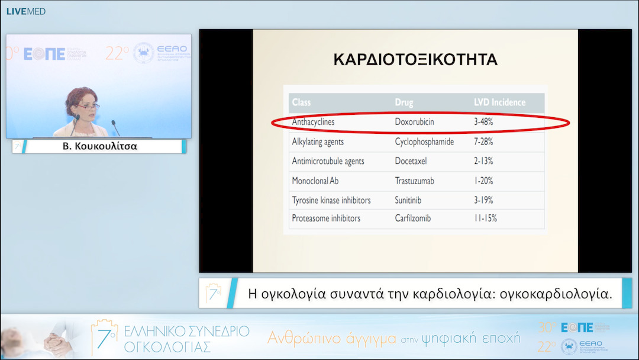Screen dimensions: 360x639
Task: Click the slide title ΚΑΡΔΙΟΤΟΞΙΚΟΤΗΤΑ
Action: [415, 60]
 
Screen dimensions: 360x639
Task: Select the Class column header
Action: [301, 102]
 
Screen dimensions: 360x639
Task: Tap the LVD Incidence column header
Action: [499, 102]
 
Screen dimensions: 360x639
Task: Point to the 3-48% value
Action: [483, 122]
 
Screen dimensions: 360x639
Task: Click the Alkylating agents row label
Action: [318, 142]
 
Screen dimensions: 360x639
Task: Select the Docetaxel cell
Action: [411, 161]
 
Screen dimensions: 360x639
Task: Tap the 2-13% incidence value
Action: [483, 161]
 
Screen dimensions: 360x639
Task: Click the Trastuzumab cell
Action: [416, 181]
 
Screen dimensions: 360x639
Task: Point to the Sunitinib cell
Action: [408, 200]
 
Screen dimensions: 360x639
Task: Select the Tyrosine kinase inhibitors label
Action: [331, 200]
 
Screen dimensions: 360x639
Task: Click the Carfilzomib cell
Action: [413, 218]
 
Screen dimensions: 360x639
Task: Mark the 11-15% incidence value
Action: [485, 218]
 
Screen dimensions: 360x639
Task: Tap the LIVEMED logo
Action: [25, 11]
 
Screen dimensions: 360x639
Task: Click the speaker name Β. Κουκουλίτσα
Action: [100, 146]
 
